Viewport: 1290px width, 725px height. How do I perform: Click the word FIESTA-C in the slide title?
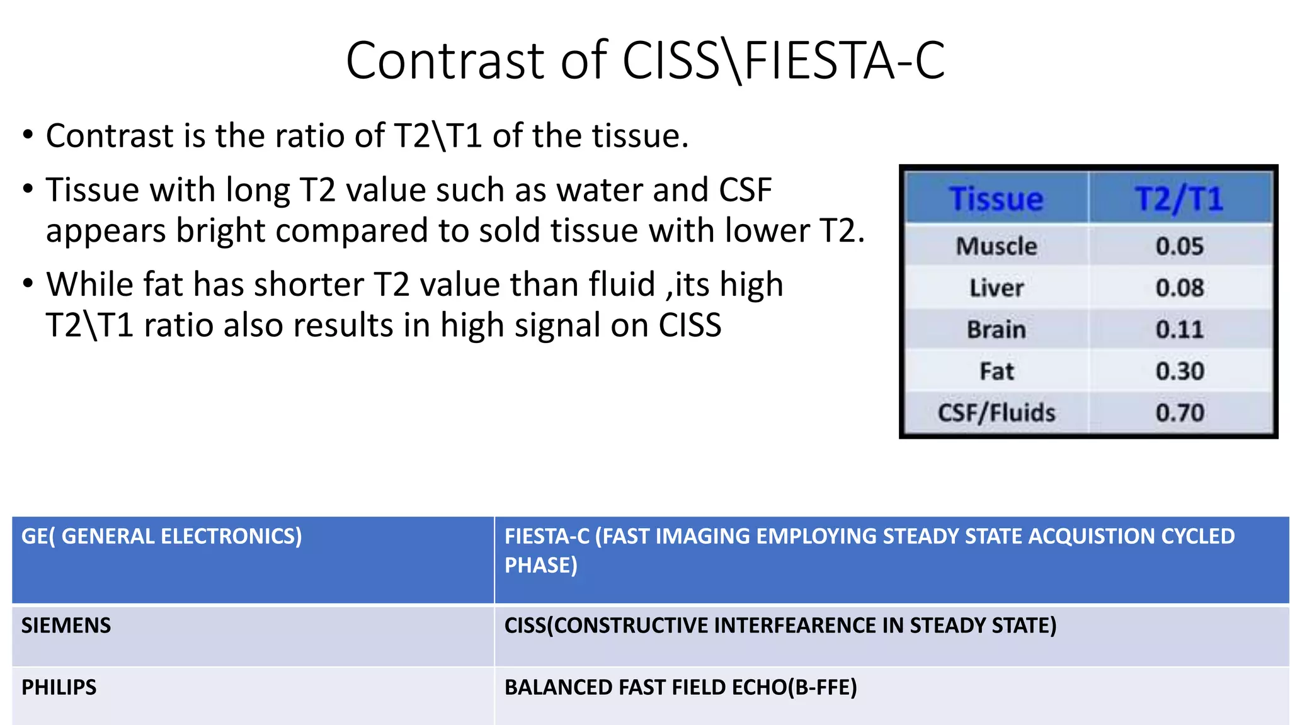844,61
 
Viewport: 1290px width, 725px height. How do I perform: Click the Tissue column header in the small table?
996,199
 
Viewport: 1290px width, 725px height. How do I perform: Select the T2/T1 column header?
1179,199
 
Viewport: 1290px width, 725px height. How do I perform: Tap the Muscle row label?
996,246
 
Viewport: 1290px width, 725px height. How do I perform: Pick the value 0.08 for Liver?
1179,288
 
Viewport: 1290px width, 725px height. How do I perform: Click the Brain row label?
996,330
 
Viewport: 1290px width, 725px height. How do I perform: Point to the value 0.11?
1179,330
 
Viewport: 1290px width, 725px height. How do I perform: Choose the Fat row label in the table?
996,371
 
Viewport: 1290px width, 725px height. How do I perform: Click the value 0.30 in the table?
1179,371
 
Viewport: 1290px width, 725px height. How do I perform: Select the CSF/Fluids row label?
996,413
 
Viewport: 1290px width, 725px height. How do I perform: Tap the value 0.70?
1179,413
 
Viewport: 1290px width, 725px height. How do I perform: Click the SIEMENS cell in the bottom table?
66,626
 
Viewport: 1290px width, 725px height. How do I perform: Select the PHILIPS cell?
59,687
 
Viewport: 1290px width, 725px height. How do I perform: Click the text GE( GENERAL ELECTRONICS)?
162,536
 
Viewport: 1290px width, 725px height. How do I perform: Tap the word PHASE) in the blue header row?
540,565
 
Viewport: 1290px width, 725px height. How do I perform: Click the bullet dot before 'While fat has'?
27,284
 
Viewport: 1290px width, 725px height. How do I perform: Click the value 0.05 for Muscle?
1179,246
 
